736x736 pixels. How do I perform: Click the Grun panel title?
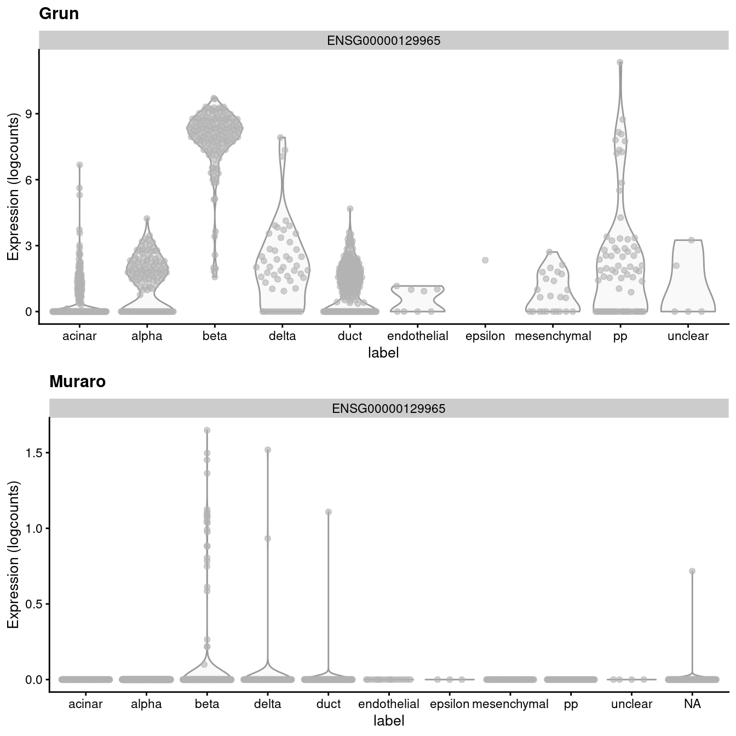[x=59, y=14]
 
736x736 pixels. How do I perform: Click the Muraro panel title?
[x=77, y=382]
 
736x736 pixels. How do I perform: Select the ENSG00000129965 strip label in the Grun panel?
[x=383, y=41]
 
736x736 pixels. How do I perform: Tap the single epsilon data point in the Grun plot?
[x=485, y=260]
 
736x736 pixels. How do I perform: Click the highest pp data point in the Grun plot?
[x=620, y=62]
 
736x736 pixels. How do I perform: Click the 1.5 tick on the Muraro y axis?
[x=34, y=453]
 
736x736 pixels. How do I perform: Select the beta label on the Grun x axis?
[x=215, y=336]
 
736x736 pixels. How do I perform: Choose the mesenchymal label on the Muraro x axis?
[x=510, y=704]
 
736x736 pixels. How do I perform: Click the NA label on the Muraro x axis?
[x=692, y=704]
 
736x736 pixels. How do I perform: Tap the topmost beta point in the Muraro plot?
[x=207, y=430]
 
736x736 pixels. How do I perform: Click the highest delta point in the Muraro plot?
[x=268, y=450]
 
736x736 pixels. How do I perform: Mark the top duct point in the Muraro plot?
[x=329, y=512]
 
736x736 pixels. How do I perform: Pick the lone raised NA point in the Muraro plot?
[x=692, y=571]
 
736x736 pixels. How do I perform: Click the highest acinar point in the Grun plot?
[x=79, y=165]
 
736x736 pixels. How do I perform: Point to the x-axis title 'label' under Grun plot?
[x=383, y=353]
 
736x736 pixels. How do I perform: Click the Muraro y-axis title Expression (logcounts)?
[x=13, y=555]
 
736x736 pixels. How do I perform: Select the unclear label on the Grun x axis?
[x=688, y=336]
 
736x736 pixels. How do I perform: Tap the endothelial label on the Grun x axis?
[x=417, y=336]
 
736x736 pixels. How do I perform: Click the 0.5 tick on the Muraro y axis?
[x=34, y=604]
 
